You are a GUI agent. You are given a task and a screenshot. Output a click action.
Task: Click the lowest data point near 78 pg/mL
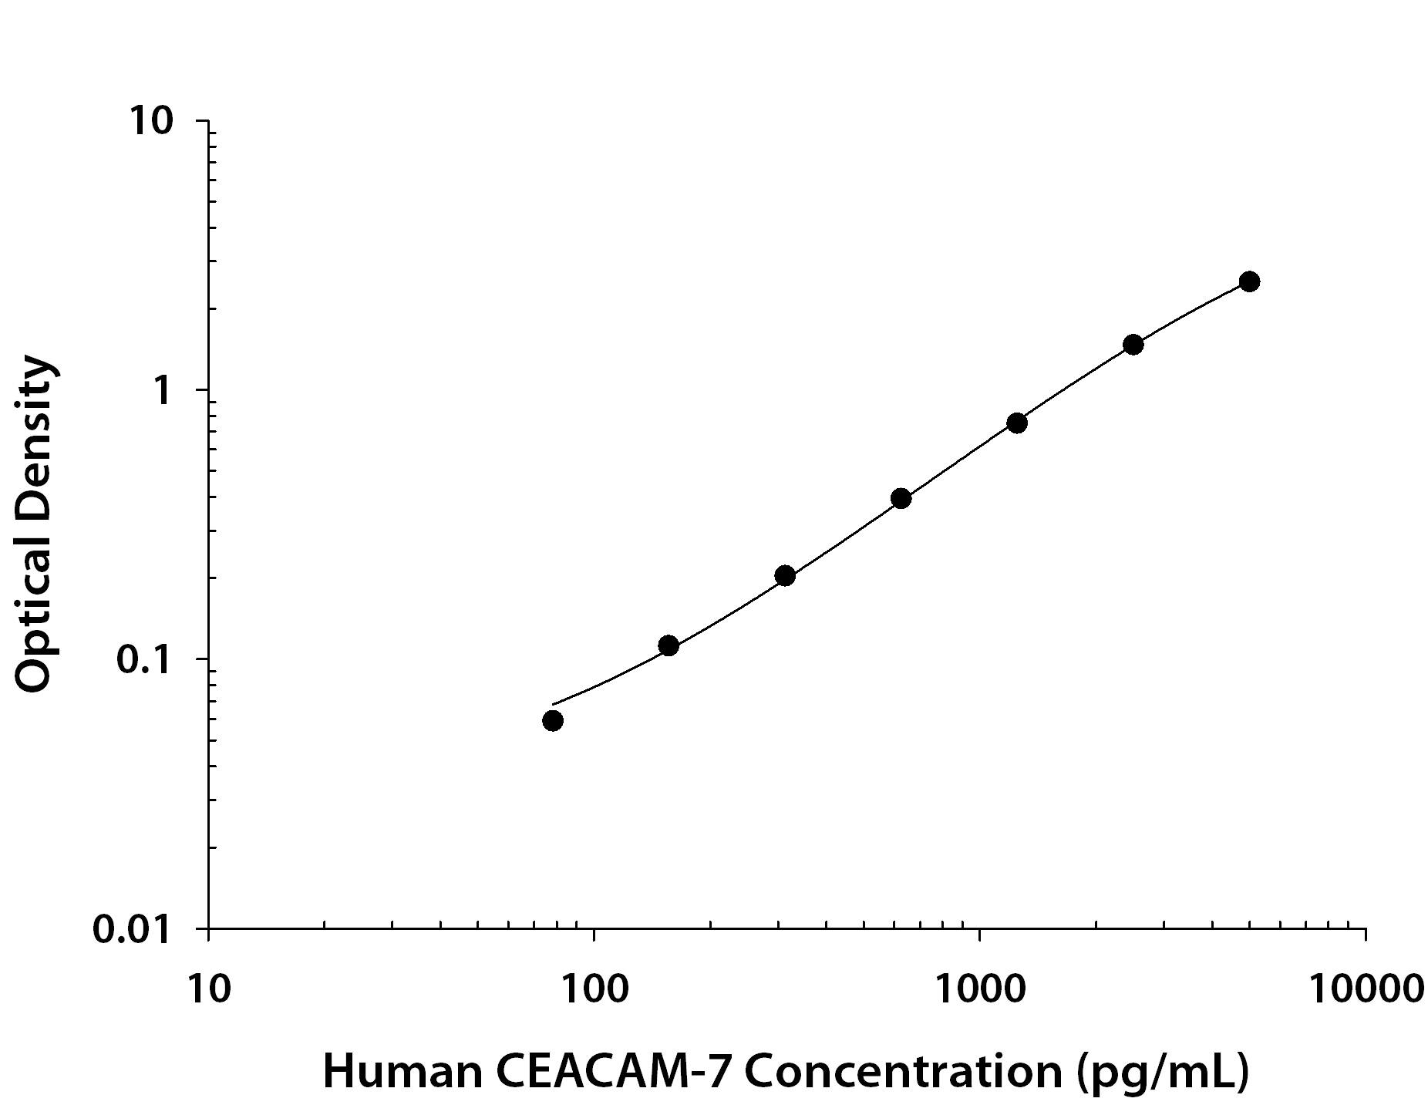point(552,721)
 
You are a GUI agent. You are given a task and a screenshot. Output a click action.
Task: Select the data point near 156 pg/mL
point(669,645)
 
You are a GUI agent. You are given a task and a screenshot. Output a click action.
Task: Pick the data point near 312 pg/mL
point(785,575)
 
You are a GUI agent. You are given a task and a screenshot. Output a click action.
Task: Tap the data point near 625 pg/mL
point(901,498)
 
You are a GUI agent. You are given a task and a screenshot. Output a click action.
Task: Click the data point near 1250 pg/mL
point(1016,423)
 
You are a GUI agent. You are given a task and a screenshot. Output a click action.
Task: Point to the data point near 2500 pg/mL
point(1133,344)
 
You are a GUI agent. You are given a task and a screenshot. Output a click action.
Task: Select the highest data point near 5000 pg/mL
point(1249,281)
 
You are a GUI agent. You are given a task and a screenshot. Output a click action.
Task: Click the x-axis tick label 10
point(208,988)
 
